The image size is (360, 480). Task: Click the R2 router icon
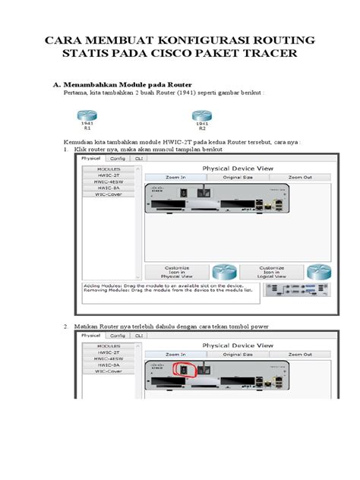coord(201,115)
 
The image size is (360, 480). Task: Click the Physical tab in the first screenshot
coord(92,159)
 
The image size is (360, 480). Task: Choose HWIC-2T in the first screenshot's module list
coord(109,175)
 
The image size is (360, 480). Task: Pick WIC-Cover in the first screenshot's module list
coord(109,194)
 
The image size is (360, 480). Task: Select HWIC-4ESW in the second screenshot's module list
coord(109,358)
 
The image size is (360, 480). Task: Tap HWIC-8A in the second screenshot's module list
coord(109,365)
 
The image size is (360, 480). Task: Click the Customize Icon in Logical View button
coord(271,272)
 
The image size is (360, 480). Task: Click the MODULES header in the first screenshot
coord(109,169)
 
